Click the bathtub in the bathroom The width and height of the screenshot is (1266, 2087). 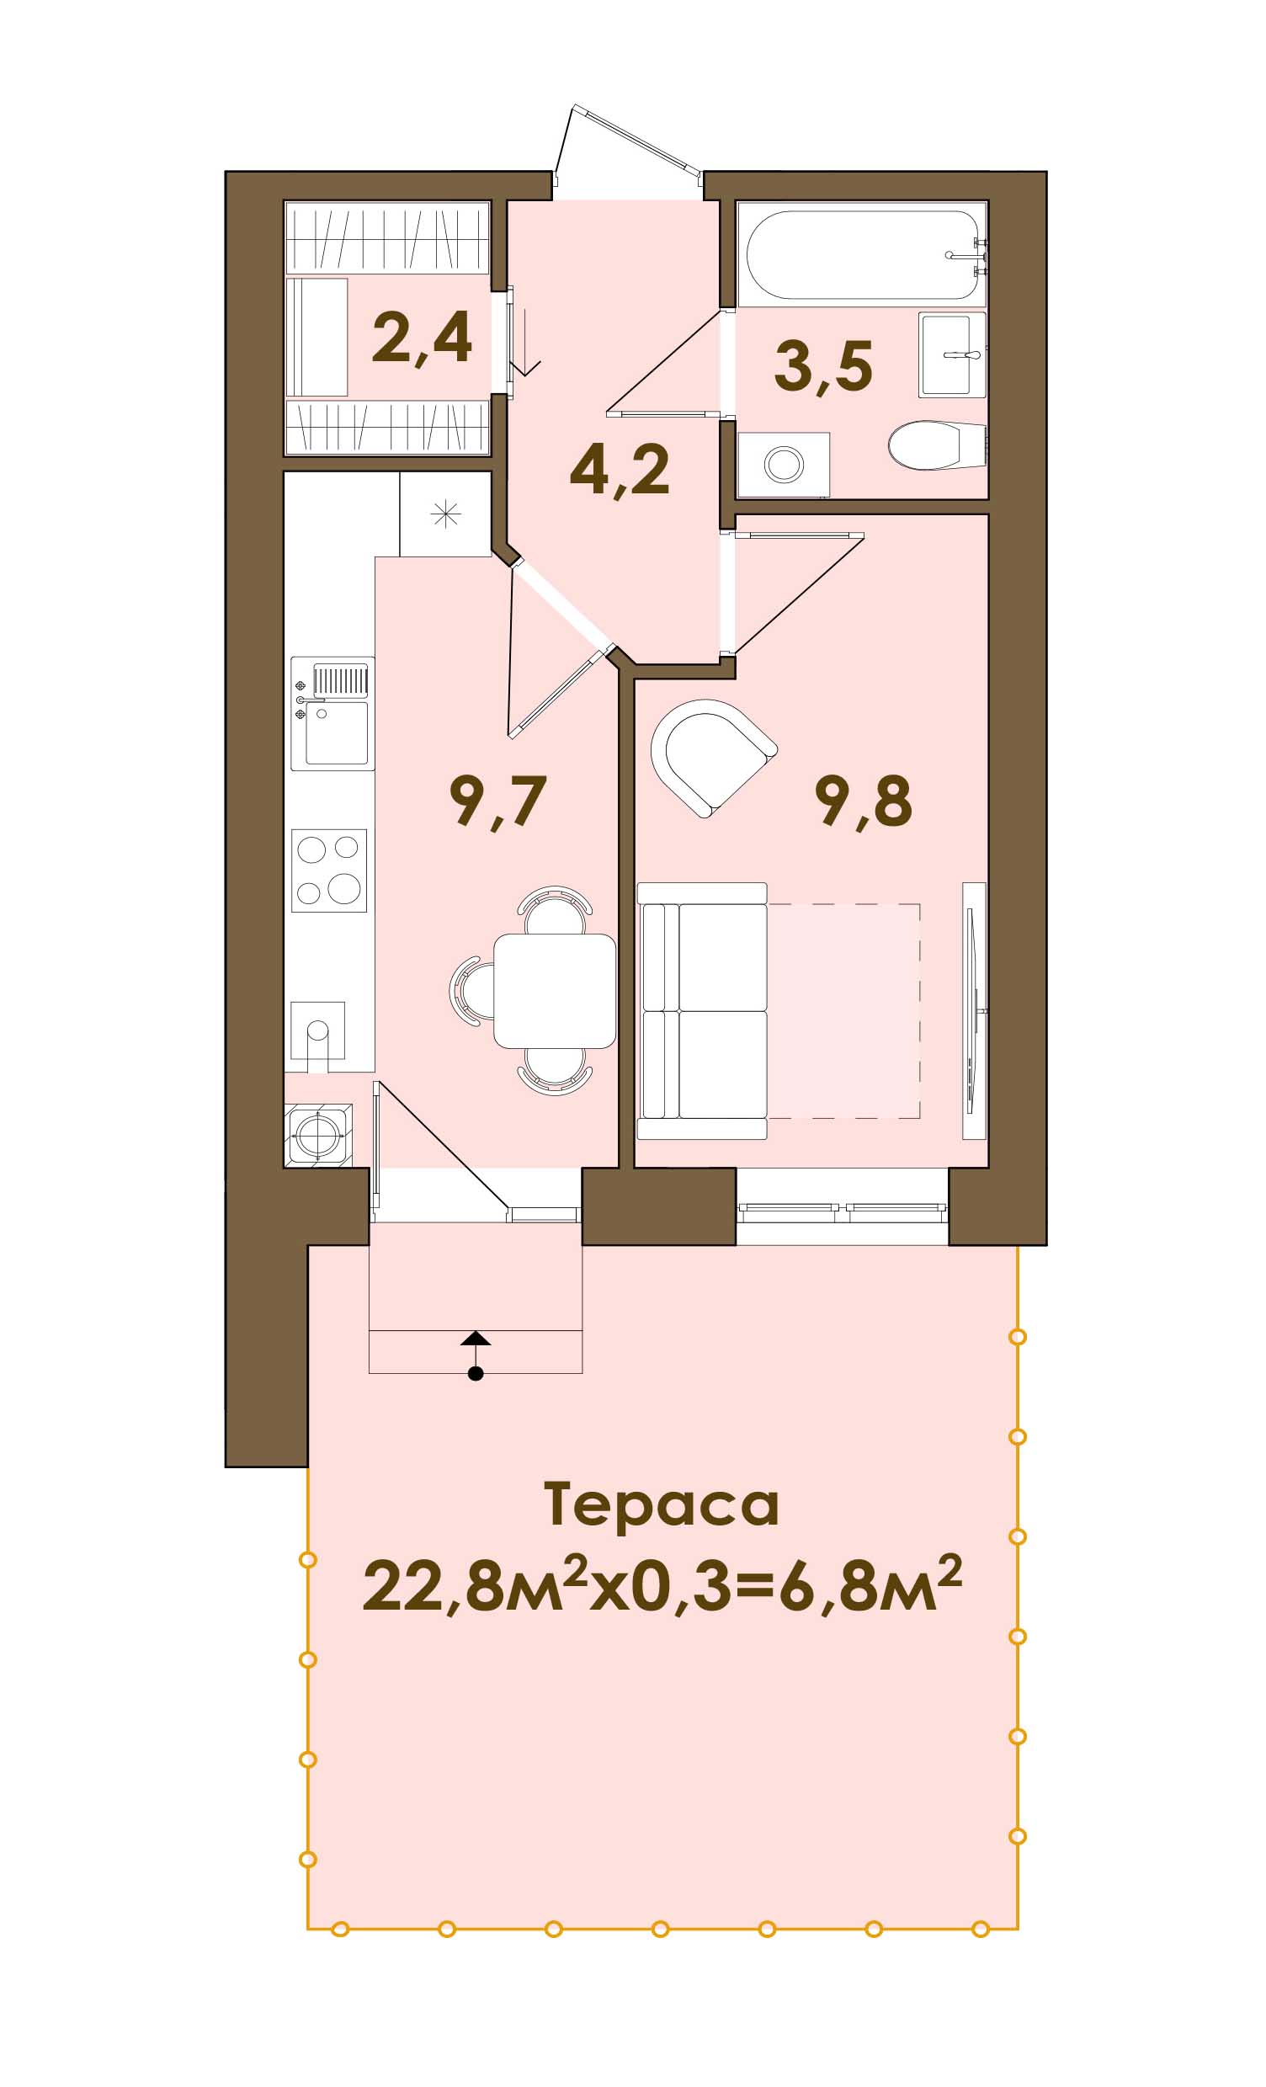(x=861, y=254)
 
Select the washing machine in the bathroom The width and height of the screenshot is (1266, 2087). (x=784, y=464)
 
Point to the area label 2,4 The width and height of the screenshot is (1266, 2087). (x=422, y=338)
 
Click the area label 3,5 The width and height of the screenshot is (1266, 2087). (x=823, y=367)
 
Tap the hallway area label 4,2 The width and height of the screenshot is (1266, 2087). (x=620, y=471)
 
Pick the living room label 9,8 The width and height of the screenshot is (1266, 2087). (x=864, y=801)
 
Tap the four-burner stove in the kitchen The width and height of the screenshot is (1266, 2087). (x=329, y=870)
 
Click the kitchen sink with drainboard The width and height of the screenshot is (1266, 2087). (x=332, y=713)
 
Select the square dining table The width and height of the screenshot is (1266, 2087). (x=555, y=990)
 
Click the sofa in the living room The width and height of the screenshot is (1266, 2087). (x=702, y=1011)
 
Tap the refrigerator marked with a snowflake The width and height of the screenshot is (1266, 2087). (x=445, y=514)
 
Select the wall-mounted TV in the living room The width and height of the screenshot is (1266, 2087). (x=975, y=1011)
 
